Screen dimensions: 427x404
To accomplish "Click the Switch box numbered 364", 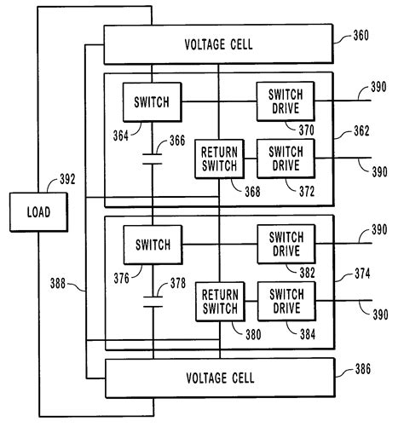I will click(x=147, y=102).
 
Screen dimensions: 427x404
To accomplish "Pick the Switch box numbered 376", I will click(x=147, y=245).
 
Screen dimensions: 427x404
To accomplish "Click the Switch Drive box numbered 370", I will click(x=285, y=102).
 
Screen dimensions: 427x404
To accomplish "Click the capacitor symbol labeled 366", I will click(x=152, y=159).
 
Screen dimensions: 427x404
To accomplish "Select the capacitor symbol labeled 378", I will click(x=152, y=301).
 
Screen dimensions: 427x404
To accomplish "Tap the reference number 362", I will click(x=366, y=133).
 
